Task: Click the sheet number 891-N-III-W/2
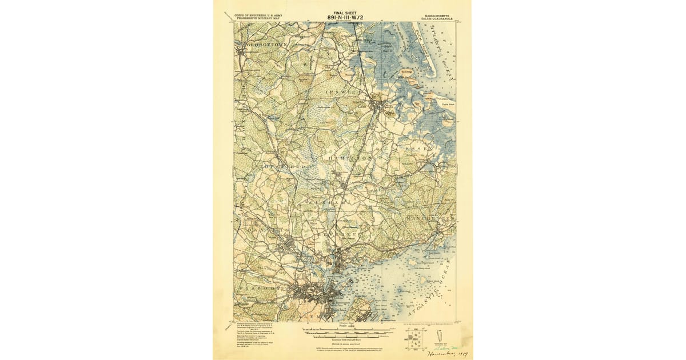pos(345,17)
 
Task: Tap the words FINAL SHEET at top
pos(345,11)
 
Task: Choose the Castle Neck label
pos(444,104)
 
